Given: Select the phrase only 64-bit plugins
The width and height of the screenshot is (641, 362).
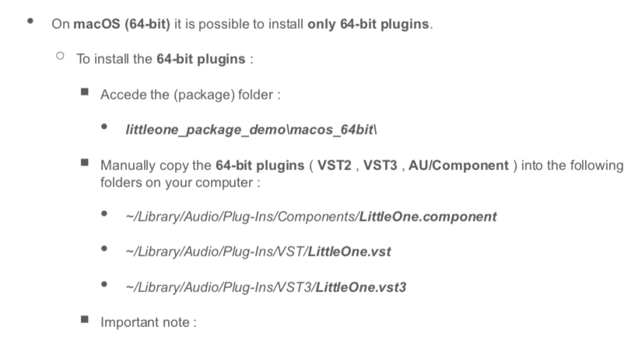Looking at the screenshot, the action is click(x=369, y=23).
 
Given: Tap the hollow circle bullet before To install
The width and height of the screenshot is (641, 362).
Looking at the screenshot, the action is click(x=61, y=57).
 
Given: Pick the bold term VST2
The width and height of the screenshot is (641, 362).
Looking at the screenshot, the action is click(x=335, y=165).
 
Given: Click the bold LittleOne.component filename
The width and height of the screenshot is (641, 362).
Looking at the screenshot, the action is click(x=428, y=217).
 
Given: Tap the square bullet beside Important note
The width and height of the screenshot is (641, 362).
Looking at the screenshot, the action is click(x=84, y=320).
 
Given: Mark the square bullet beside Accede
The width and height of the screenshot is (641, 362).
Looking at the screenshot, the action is click(x=84, y=92).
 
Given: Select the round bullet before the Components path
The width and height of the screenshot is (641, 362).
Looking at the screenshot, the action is click(x=104, y=215).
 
